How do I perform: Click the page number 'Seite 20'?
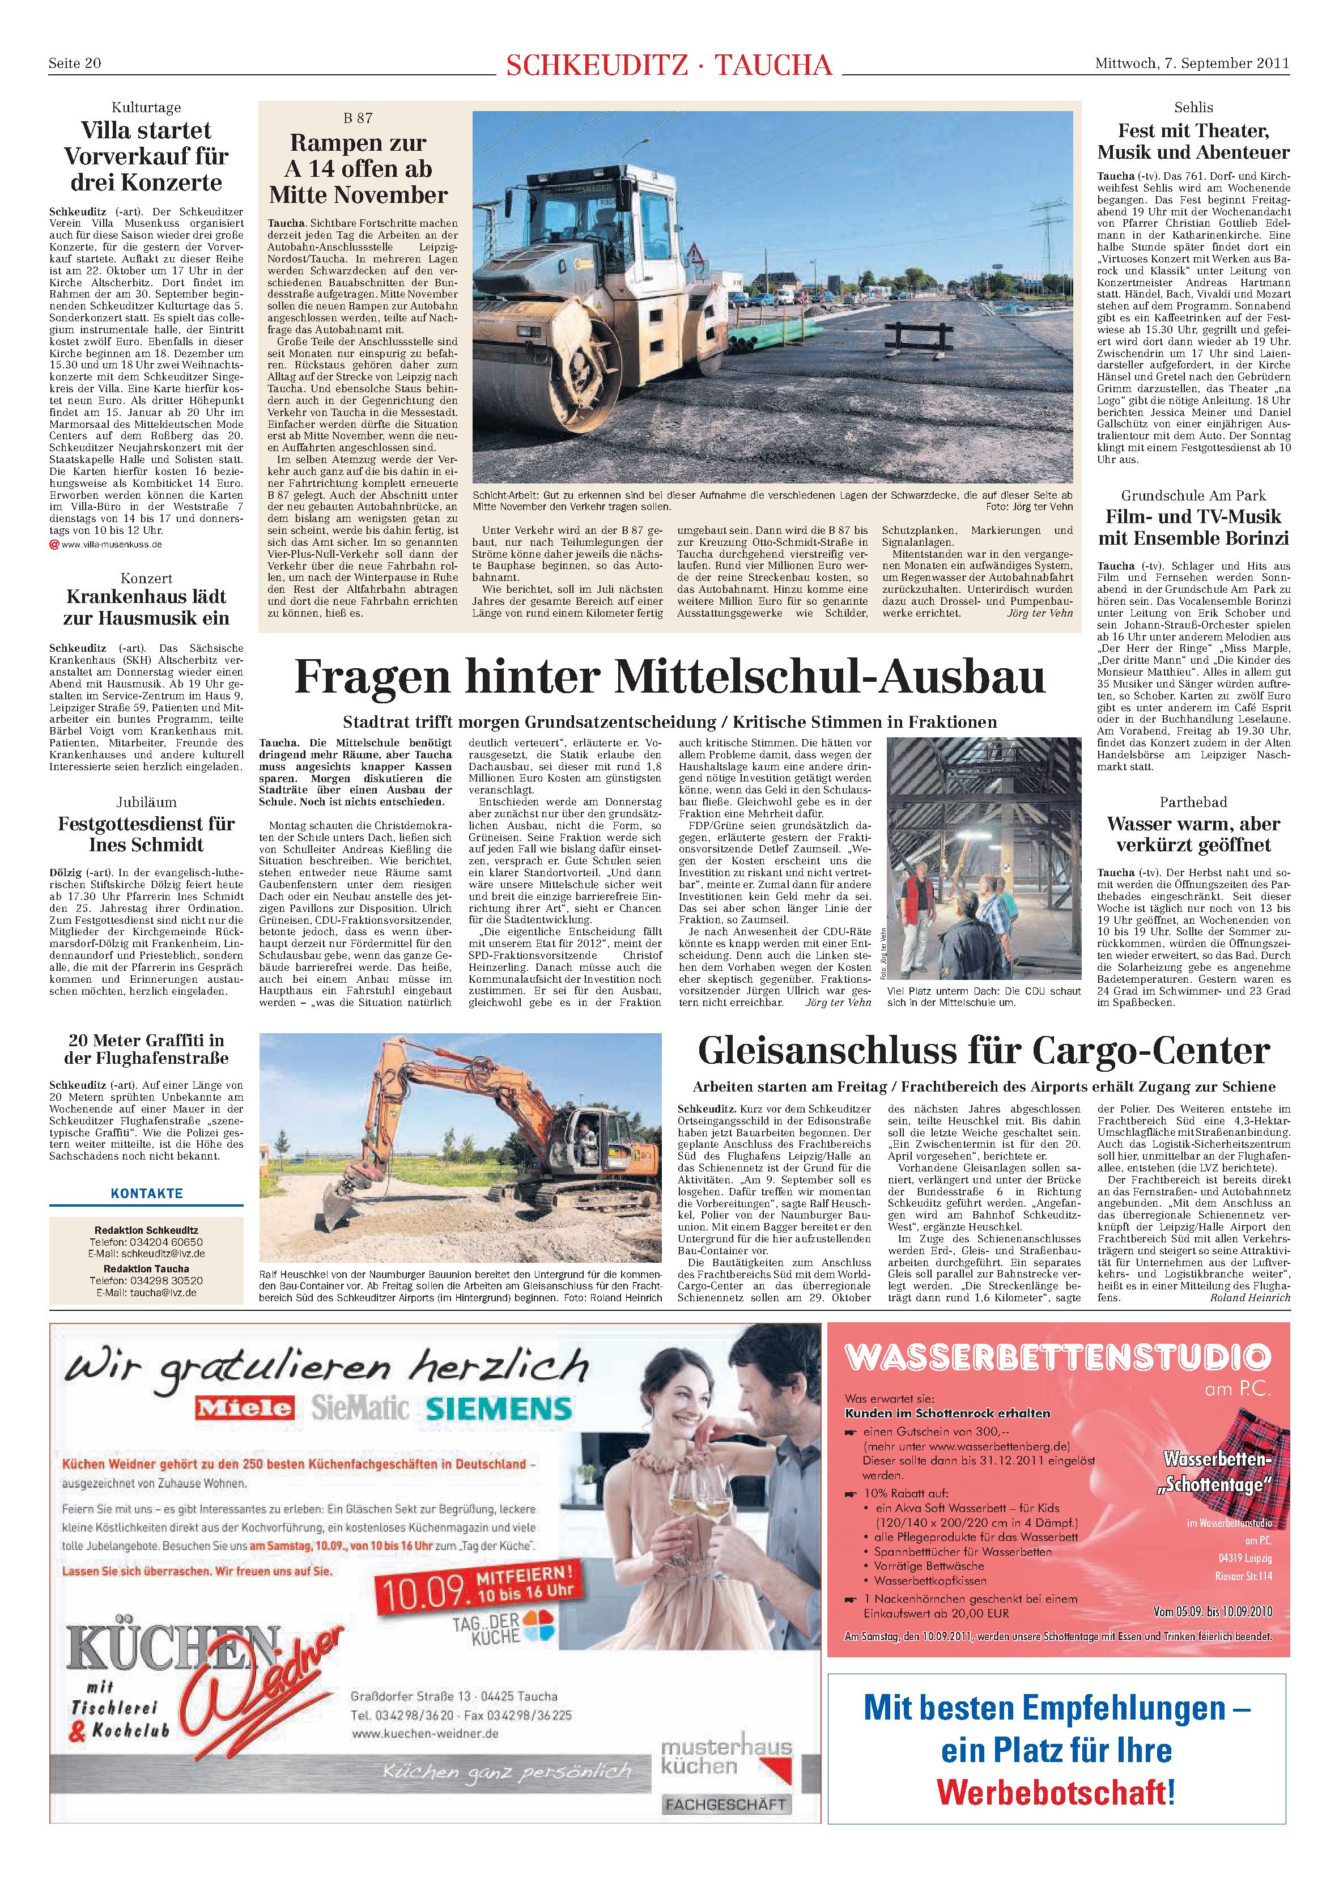click(74, 63)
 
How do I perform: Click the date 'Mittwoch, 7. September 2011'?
click(1191, 63)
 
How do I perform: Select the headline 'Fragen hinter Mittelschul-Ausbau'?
click(669, 677)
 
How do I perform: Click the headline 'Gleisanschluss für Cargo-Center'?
click(983, 1051)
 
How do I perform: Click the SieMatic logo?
click(359, 1408)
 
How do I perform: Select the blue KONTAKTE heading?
click(146, 1193)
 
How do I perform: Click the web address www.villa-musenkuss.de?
click(111, 544)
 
